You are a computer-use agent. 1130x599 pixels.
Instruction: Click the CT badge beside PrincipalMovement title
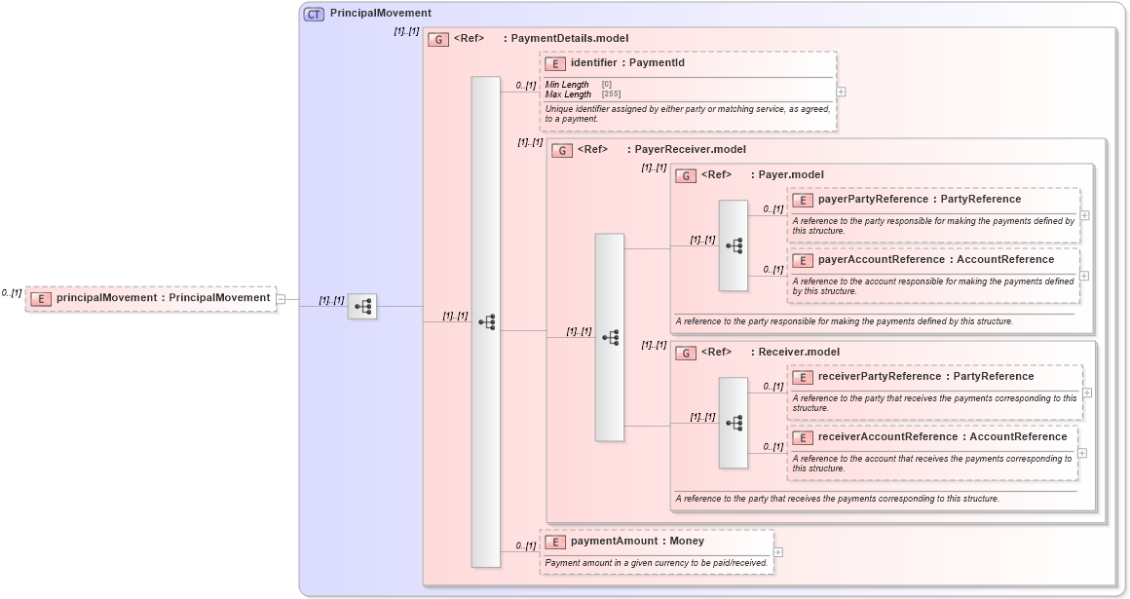314,14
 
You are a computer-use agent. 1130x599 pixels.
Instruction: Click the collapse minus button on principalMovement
281,299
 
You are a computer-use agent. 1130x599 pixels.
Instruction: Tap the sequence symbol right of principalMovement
362,306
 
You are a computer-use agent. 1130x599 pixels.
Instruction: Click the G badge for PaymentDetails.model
438,39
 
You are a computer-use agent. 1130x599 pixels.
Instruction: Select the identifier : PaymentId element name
627,63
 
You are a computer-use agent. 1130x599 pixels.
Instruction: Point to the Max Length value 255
611,94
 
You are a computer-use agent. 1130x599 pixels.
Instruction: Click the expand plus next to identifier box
841,92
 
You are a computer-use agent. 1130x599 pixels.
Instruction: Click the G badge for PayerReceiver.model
562,150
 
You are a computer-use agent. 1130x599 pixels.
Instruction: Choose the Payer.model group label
790,175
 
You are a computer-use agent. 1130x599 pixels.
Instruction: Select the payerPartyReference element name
920,200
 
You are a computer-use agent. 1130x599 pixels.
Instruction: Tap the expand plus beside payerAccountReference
1084,276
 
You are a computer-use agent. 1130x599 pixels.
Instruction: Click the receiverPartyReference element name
925,377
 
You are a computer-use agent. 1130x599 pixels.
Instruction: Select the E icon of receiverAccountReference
803,437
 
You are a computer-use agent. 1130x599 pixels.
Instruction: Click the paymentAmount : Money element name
637,541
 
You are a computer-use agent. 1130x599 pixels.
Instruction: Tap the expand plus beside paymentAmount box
778,552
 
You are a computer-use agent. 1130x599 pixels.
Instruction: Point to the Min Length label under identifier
567,85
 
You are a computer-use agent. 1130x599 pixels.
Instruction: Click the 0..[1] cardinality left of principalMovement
12,293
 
